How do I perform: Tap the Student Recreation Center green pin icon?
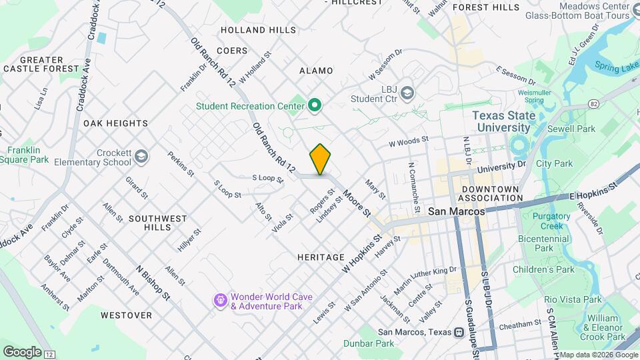(x=315, y=105)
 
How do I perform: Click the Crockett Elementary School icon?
(x=141, y=157)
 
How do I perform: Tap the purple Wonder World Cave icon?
(x=221, y=301)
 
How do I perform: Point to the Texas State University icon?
(x=517, y=143)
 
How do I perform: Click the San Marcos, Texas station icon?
(x=459, y=332)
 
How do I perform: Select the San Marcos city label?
(x=455, y=211)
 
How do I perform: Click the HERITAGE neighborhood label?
(x=321, y=257)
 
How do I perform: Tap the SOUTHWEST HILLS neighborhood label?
(x=158, y=223)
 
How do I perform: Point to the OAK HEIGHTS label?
(x=115, y=123)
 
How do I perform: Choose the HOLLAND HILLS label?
(x=258, y=30)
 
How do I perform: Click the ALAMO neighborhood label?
(x=315, y=70)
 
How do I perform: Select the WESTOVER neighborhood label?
(x=126, y=314)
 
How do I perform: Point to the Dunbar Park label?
(x=369, y=343)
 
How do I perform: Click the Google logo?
(x=21, y=351)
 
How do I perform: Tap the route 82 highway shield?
(x=593, y=104)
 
